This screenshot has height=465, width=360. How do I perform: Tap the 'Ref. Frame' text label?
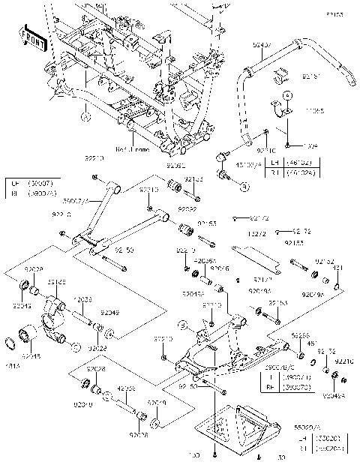133,149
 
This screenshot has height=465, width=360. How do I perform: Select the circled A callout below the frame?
85,117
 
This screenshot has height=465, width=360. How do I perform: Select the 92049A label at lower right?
334,394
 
